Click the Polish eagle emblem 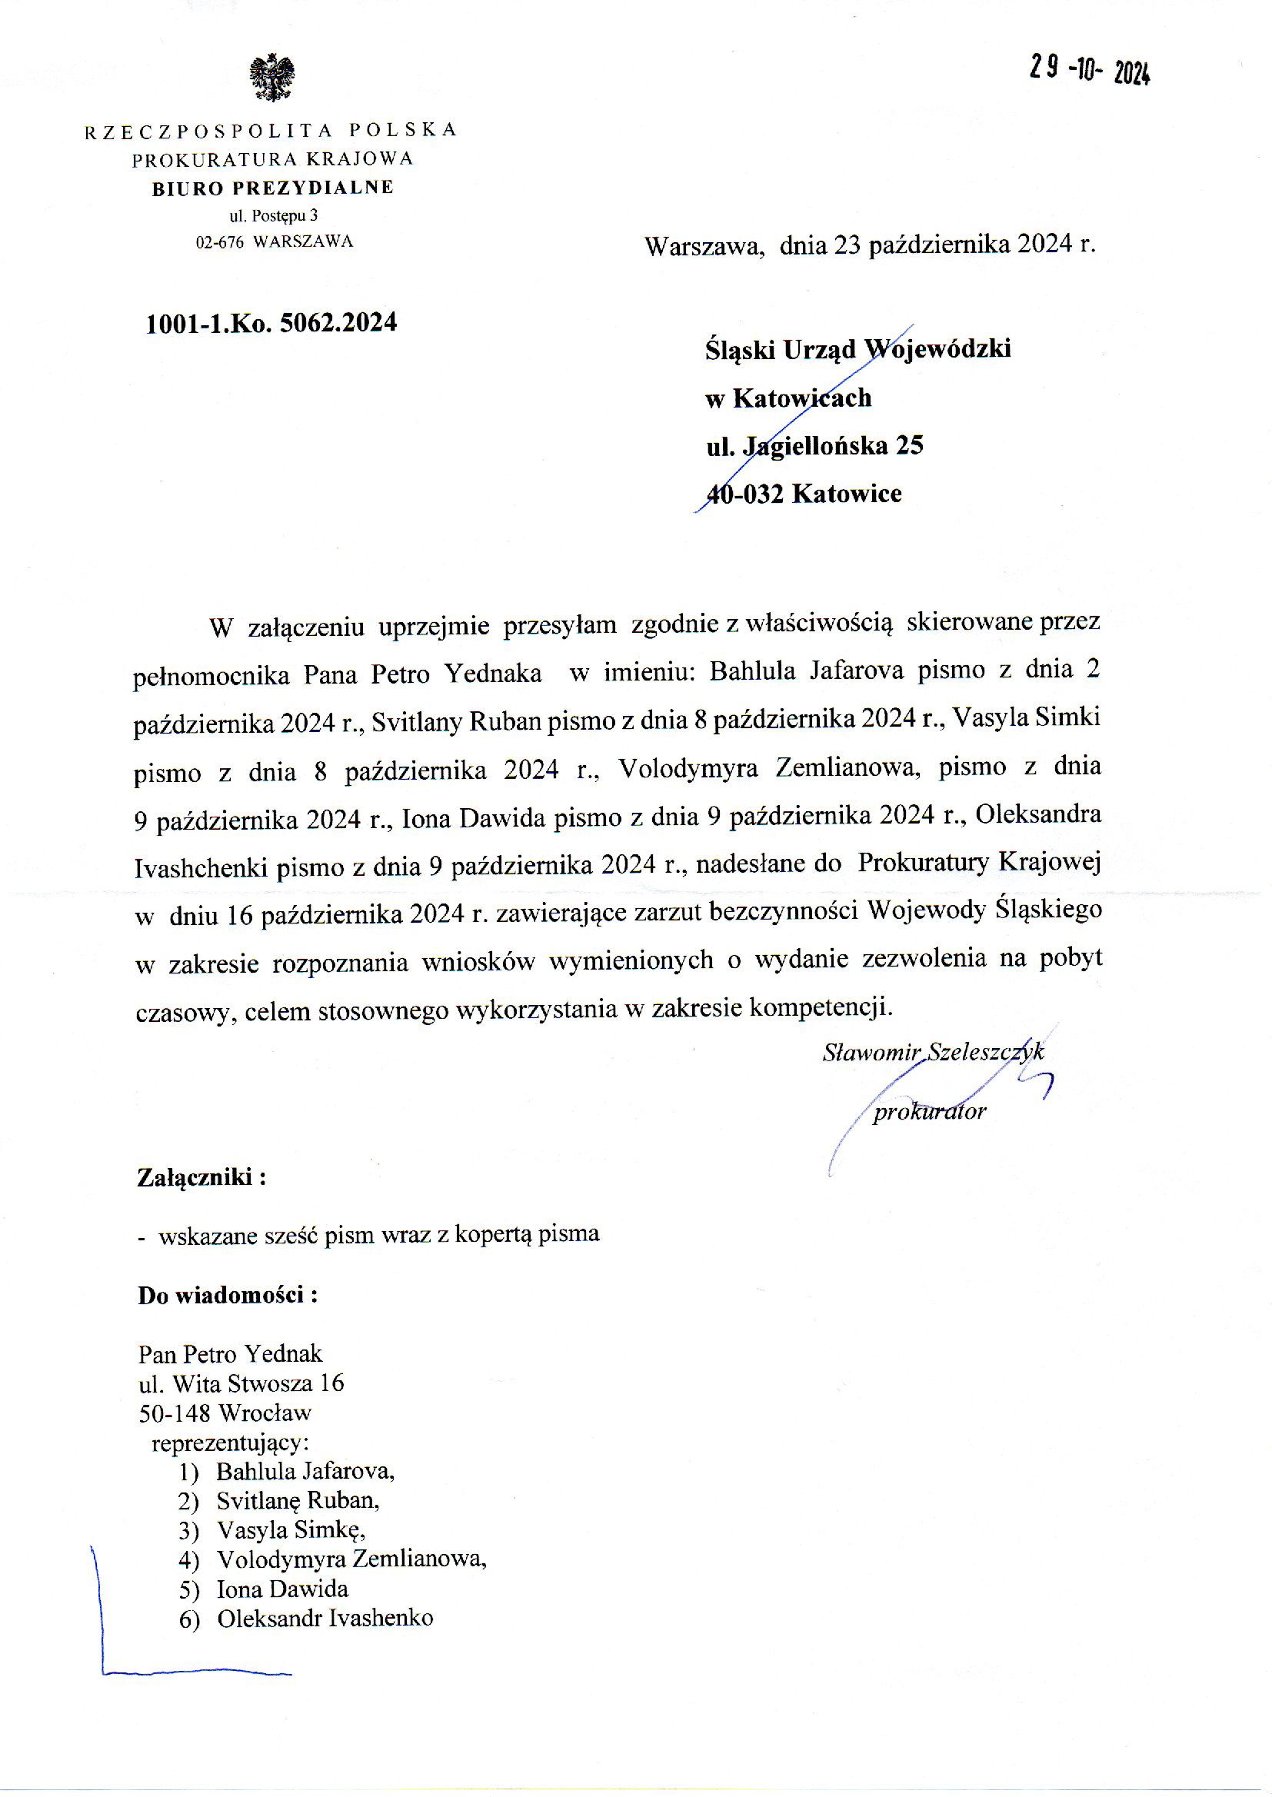tap(271, 78)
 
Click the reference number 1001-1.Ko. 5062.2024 tap(271, 323)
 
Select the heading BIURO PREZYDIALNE tap(272, 188)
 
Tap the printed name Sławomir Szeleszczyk tap(933, 1052)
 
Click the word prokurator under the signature tap(929, 1112)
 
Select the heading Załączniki tap(201, 1178)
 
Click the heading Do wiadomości tap(227, 1295)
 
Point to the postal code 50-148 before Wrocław tap(175, 1413)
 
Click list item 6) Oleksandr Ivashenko tap(305, 1619)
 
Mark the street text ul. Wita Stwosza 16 tap(241, 1383)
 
